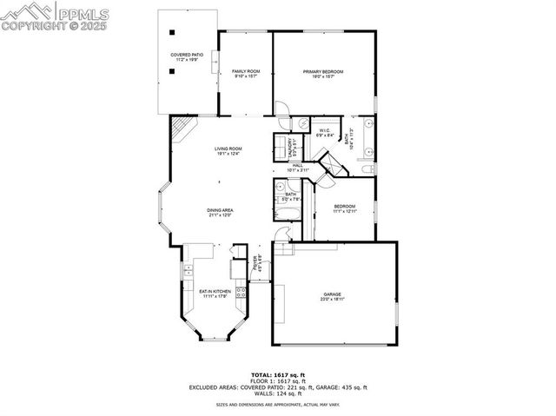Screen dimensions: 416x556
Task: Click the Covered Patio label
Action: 187,56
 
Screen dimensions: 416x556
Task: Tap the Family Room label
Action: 246,73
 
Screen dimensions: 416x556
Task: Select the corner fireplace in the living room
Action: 180,129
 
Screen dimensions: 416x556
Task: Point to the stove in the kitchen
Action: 241,293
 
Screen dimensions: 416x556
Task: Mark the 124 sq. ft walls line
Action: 277,395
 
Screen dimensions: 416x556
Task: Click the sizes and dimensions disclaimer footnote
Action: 277,405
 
